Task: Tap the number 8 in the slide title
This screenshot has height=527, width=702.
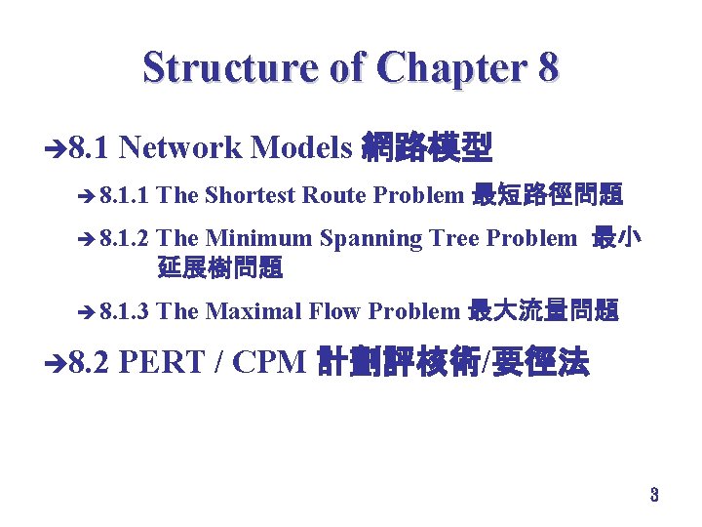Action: coord(546,67)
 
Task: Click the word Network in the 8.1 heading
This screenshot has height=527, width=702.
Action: coord(180,147)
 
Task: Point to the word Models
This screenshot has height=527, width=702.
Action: coord(300,147)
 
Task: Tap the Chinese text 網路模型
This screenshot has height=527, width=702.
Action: coord(427,147)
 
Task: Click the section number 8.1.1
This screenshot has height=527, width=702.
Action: coord(124,195)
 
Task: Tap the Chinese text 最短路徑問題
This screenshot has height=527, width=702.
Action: coord(547,195)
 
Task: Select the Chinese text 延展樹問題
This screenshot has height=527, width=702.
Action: coord(219,266)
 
